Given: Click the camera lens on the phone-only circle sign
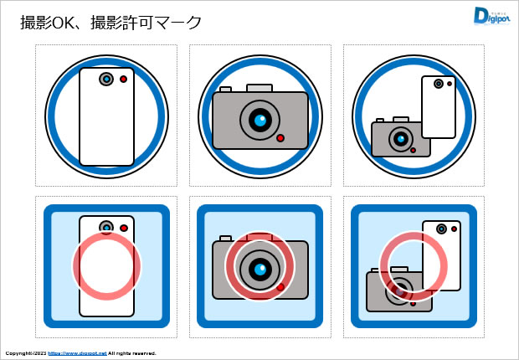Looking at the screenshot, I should tap(106, 79).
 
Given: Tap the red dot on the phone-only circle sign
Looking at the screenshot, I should tap(124, 79).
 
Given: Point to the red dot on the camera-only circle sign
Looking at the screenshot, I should tap(280, 138).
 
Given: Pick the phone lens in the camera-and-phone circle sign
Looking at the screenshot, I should tap(438, 83).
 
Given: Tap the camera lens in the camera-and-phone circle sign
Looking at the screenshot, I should tap(402, 138).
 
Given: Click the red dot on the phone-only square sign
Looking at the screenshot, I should tap(124, 227).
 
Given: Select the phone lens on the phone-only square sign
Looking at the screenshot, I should tap(106, 227).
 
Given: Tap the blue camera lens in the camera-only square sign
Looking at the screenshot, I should tap(261, 269).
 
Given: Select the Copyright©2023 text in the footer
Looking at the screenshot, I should tap(25, 353).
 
